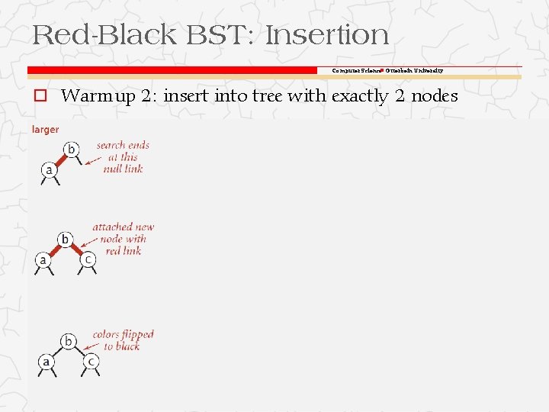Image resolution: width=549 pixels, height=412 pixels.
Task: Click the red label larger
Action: pyautogui.click(x=45, y=130)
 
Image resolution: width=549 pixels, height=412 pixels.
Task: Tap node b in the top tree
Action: pyautogui.click(x=71, y=149)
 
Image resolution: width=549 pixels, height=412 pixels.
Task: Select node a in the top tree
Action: pyautogui.click(x=50, y=170)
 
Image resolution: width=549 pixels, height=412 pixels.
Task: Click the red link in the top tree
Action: pyautogui.click(x=60, y=159)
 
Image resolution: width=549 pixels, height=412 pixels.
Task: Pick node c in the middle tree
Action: pyautogui.click(x=88, y=259)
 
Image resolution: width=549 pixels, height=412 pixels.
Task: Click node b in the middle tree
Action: pyautogui.click(x=66, y=240)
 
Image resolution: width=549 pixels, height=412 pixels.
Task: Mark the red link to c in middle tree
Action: pyautogui.click(x=78, y=249)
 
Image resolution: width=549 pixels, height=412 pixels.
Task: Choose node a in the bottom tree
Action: pyautogui.click(x=47, y=361)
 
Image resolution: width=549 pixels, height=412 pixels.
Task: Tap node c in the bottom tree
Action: pyautogui.click(x=91, y=361)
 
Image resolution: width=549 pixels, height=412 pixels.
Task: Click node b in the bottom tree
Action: pyautogui.click(x=69, y=341)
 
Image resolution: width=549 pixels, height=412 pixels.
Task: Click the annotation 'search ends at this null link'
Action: pyautogui.click(x=123, y=156)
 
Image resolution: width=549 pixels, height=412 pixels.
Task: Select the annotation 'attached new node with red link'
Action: pyautogui.click(x=123, y=238)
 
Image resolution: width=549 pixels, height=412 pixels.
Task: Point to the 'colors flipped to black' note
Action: pyautogui.click(x=123, y=340)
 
